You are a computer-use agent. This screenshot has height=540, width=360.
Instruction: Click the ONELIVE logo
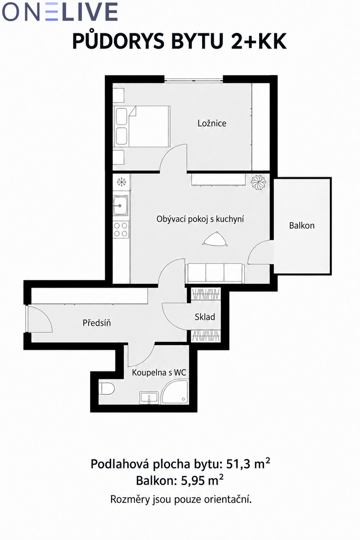tap(60, 12)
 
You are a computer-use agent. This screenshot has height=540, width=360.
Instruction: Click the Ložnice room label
tap(212, 123)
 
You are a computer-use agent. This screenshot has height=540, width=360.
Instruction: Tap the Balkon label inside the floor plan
tap(301, 225)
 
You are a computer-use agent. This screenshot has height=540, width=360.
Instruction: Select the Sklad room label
tap(205, 317)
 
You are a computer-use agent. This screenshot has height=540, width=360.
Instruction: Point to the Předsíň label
tap(97, 323)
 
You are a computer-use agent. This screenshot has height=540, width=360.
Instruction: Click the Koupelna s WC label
tap(159, 373)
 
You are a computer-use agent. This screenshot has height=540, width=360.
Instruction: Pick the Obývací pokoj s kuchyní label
tap(200, 219)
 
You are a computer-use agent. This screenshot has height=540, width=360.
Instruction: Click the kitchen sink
tap(121, 205)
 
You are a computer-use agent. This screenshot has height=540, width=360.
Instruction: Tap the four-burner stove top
tap(121, 229)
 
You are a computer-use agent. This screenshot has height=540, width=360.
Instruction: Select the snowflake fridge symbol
tap(121, 182)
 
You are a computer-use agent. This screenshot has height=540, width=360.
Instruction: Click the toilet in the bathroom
tap(108, 388)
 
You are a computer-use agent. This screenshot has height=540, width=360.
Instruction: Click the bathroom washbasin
tap(149, 398)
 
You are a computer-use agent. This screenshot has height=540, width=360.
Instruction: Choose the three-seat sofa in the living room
tap(215, 274)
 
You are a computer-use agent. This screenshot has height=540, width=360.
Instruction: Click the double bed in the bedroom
tap(142, 126)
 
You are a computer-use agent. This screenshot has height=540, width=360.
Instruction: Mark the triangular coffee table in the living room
tap(215, 239)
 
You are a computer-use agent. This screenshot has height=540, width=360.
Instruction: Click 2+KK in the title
tap(259, 41)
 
